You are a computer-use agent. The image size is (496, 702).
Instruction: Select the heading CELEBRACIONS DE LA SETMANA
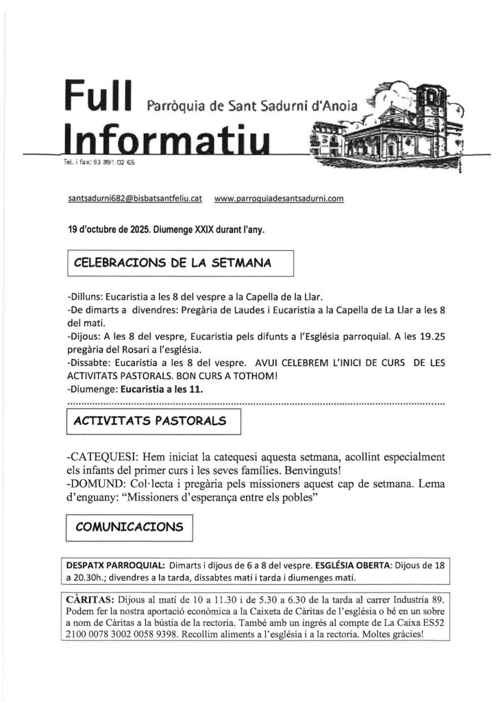click(172, 263)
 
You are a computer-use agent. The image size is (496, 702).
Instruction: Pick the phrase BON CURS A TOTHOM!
click(240, 376)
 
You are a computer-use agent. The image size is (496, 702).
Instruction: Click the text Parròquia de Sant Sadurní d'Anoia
click(251, 107)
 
